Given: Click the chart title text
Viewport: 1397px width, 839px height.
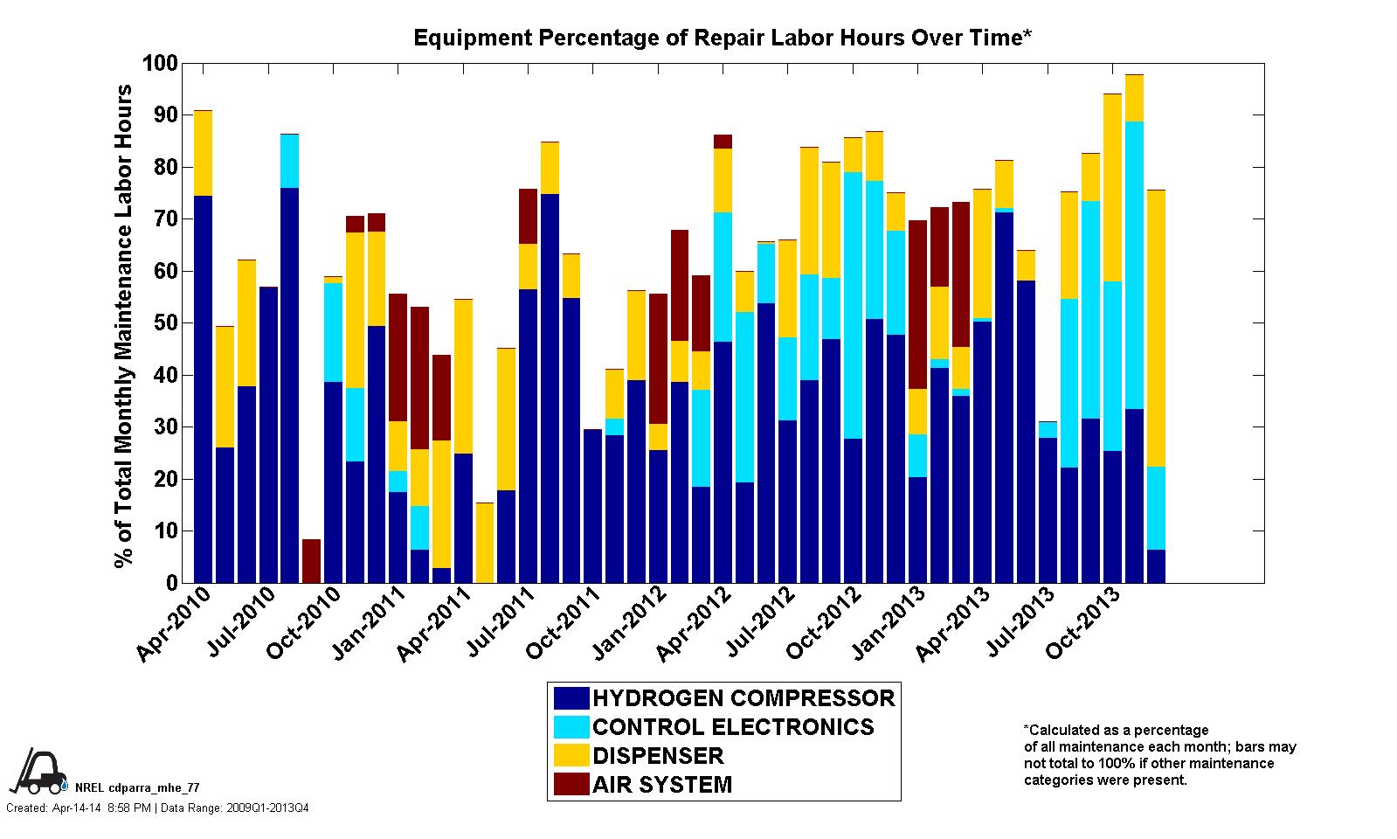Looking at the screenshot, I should coord(723,38).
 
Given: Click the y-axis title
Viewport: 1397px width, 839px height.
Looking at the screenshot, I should coord(124,325).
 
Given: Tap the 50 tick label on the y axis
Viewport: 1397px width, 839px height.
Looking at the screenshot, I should coord(166,323).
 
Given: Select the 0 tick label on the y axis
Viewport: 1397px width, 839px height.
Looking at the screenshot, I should coord(172,583).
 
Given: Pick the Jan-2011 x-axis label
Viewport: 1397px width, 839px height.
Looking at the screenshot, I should coord(370,628).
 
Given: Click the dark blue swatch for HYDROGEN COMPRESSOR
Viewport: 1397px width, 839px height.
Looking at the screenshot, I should coord(571,698).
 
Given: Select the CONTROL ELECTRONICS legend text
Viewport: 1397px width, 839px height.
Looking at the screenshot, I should coord(733,727).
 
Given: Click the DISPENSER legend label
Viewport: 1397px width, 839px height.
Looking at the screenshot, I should coord(658,756).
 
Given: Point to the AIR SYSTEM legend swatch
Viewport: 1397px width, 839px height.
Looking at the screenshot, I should coord(571,784).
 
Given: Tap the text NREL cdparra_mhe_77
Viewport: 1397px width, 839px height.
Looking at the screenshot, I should coord(137,788).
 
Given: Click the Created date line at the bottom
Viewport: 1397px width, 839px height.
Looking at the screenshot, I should coord(157,808).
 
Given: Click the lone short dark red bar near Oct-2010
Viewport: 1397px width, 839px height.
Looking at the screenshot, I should coord(311,561).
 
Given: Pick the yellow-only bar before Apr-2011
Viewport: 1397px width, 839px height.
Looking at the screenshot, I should coord(484,543).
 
